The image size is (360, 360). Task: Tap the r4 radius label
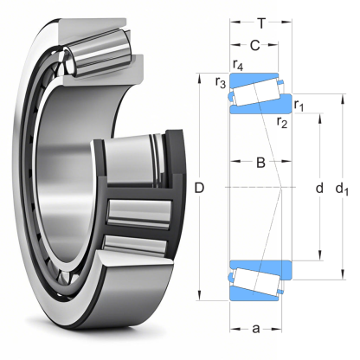[239, 66]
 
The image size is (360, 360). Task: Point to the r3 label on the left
[221, 83]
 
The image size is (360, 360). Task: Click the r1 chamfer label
[299, 106]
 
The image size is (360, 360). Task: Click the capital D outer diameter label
[200, 187]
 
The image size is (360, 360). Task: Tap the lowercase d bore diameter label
[320, 187]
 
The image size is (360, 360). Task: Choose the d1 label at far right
[344, 188]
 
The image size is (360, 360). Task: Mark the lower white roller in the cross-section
[254, 279]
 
